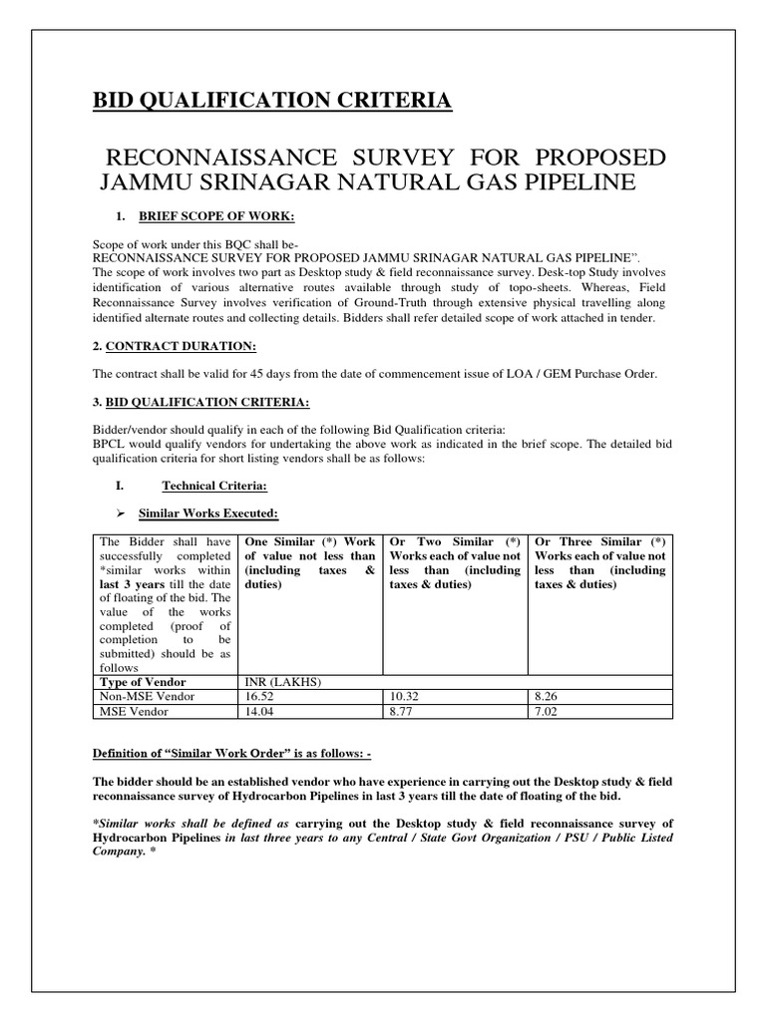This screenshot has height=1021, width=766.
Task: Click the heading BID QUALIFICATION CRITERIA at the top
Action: pos(271,101)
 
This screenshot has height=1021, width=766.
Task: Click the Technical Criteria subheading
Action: pos(213,486)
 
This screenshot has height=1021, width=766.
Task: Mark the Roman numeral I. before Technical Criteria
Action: pos(121,486)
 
